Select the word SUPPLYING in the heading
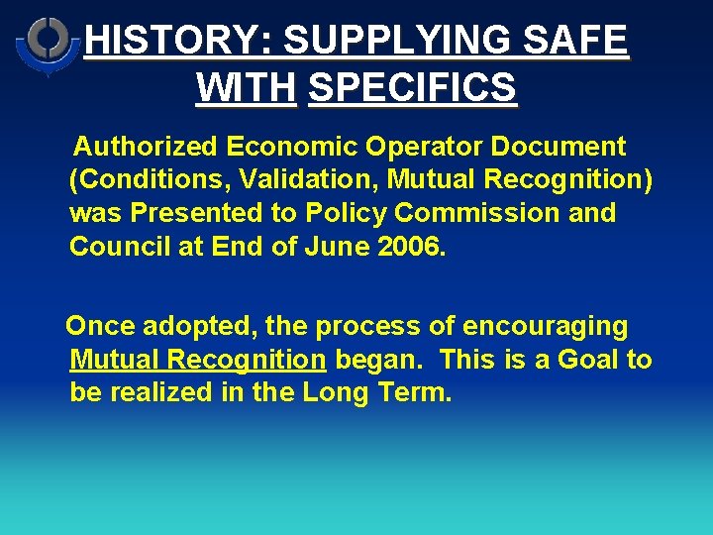tap(397, 42)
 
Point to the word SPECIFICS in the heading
tap(412, 87)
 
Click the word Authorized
tap(148, 148)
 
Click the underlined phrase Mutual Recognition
tap(198, 359)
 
